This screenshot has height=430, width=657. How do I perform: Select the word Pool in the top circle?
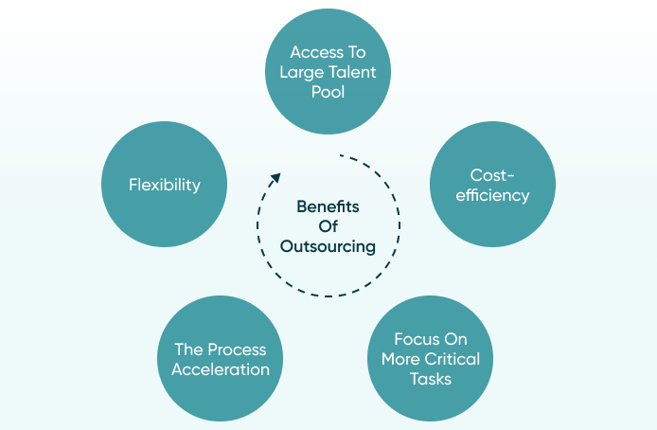[x=328, y=92]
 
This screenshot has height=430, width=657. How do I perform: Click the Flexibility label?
[x=165, y=185]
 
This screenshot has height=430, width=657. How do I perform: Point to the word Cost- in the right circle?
[x=492, y=175]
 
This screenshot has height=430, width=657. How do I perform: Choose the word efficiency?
[x=492, y=195]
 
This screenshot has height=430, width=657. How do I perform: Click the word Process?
[x=238, y=349]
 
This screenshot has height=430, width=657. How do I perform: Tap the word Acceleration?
[x=221, y=369]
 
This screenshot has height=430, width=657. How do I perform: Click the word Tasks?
[x=431, y=379]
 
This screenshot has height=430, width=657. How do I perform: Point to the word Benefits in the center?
[x=328, y=206]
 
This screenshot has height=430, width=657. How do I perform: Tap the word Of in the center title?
[x=328, y=226]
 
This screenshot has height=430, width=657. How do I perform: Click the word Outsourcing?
[x=328, y=246]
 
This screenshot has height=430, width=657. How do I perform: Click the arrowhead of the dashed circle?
[x=275, y=178]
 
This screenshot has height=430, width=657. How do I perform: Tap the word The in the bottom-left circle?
[x=189, y=349]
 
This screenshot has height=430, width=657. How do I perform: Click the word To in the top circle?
[x=357, y=52]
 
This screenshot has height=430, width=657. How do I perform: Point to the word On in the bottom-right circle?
[x=455, y=339]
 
